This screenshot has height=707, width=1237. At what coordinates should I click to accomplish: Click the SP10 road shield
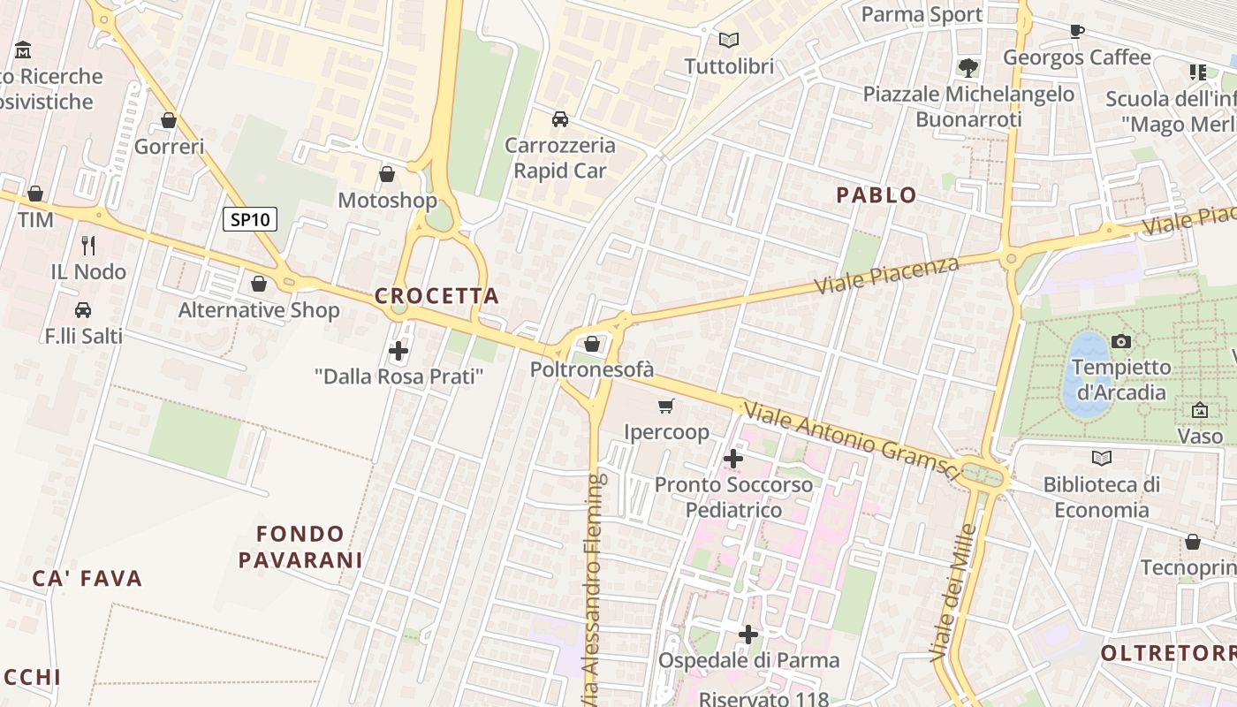tap(250, 219)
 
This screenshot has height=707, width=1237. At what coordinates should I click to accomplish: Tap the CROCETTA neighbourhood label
tap(436, 296)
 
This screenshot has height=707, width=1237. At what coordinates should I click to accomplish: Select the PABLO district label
tap(877, 195)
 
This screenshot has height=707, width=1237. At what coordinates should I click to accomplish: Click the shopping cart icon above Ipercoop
tap(666, 406)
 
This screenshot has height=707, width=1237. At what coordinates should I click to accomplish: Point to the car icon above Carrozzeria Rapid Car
tap(559, 118)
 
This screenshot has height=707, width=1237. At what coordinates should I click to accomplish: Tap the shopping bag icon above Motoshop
tap(387, 174)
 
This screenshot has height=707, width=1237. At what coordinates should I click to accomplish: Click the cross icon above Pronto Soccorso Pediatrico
tap(733, 459)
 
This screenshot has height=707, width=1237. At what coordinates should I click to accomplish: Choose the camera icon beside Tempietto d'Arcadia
tap(1121, 341)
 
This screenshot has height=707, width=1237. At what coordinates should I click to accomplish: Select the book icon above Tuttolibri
tap(729, 40)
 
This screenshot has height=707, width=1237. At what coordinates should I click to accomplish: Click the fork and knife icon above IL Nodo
tap(88, 245)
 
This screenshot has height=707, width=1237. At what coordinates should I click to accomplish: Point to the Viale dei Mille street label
tap(954, 592)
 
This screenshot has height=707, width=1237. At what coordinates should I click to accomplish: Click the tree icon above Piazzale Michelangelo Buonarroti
tap(968, 67)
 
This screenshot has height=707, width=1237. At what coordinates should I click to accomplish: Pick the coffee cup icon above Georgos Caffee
tap(1076, 31)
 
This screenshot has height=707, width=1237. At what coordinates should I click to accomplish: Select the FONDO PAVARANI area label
tap(300, 546)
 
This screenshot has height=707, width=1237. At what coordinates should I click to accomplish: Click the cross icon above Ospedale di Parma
tap(748, 635)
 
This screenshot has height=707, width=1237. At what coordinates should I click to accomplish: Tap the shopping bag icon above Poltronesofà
tap(592, 344)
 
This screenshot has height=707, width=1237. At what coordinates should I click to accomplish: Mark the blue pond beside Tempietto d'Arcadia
tap(1086, 376)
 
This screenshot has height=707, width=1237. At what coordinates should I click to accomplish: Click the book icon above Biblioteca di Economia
tap(1101, 458)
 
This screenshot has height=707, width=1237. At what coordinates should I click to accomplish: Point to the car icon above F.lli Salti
tap(83, 310)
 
